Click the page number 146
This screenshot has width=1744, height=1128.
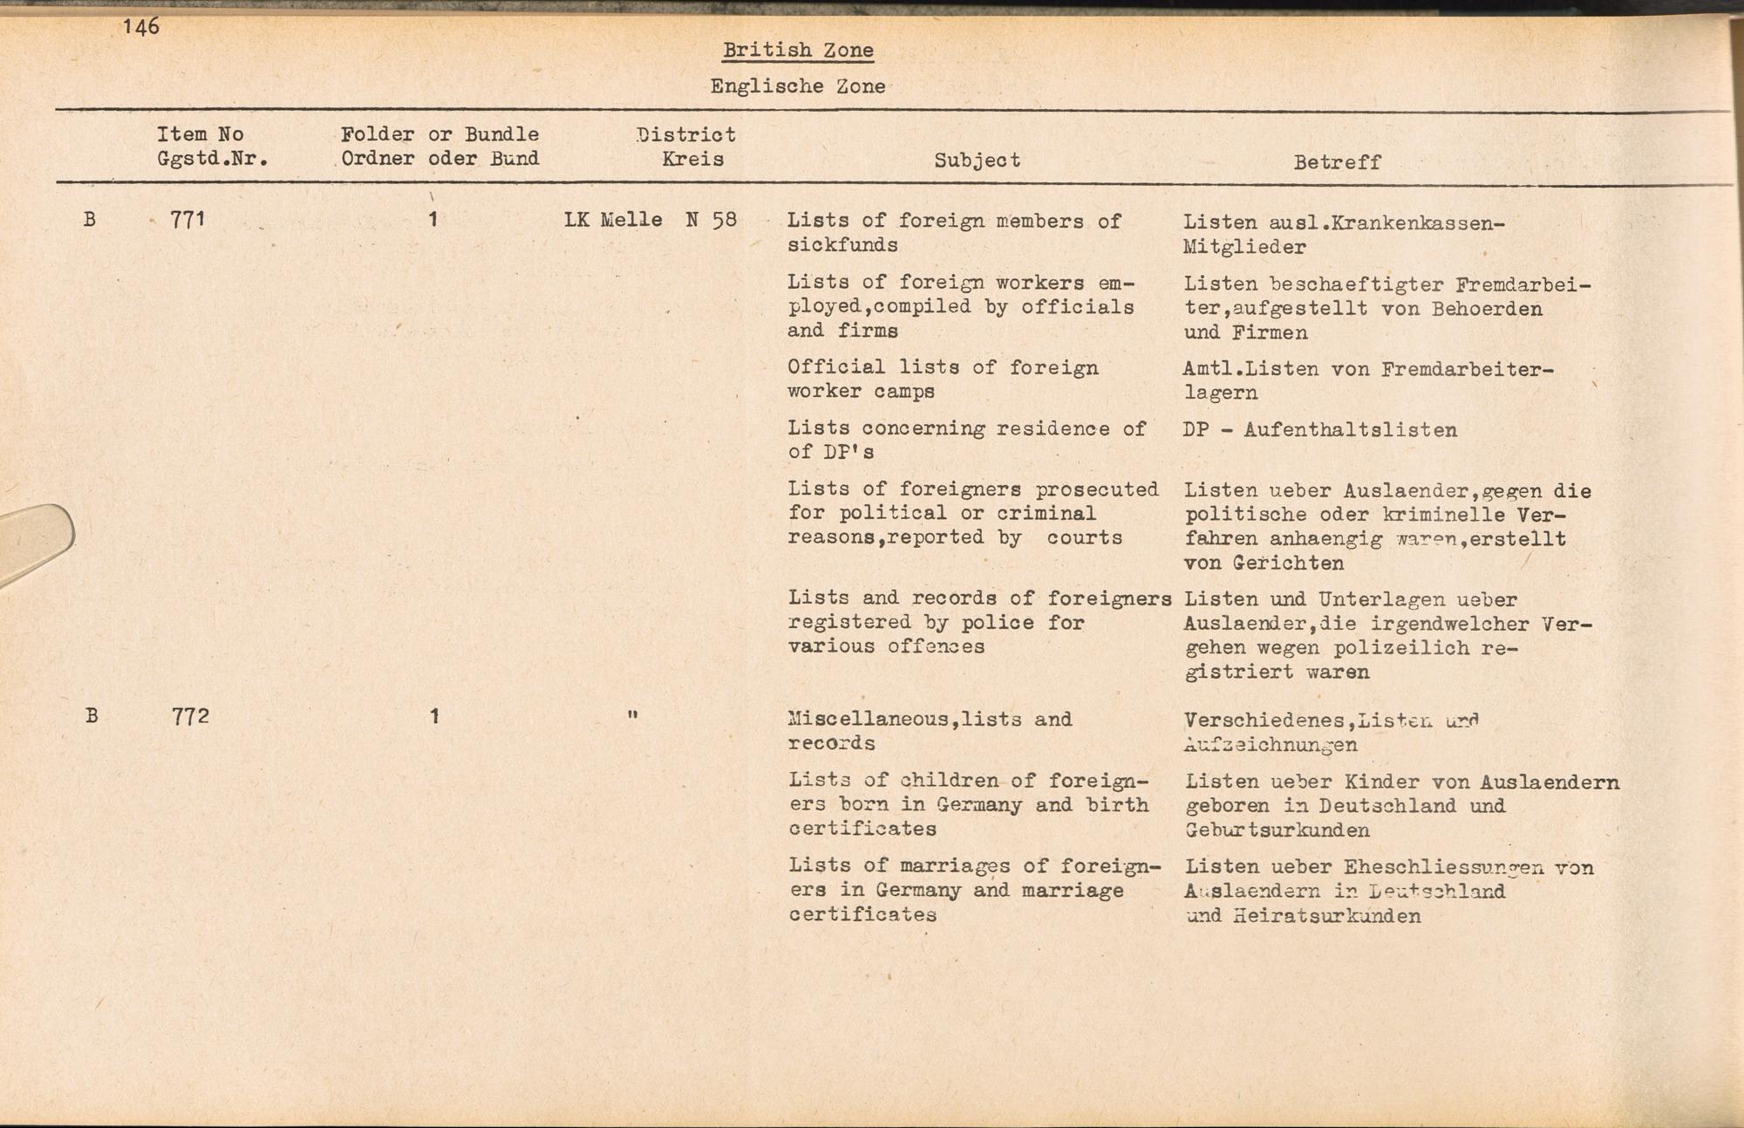click(x=141, y=26)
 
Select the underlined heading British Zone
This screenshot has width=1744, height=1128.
click(x=798, y=51)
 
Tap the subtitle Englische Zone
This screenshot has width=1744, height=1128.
click(x=798, y=86)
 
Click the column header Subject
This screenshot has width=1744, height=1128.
click(x=977, y=161)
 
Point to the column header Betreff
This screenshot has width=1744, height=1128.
click(x=1337, y=162)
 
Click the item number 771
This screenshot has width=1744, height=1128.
click(x=187, y=220)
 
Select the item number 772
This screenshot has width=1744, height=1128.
click(x=190, y=717)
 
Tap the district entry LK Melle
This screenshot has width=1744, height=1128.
click(x=613, y=220)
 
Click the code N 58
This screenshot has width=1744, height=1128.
click(x=711, y=220)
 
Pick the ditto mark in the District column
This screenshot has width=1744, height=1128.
click(x=632, y=716)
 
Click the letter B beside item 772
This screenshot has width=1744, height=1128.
click(x=92, y=717)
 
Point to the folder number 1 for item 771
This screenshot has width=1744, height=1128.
click(x=433, y=220)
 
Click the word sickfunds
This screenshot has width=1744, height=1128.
click(x=842, y=245)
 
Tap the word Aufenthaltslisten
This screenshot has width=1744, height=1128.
click(x=1350, y=430)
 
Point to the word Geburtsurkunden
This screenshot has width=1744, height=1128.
click(x=1277, y=831)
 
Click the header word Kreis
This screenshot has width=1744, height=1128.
click(x=692, y=160)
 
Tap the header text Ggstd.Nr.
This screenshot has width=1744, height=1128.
click(x=212, y=160)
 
